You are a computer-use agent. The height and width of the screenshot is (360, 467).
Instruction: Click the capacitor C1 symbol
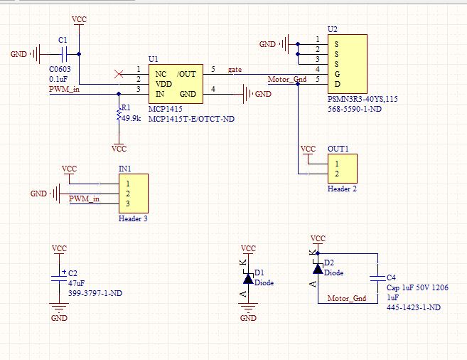63,53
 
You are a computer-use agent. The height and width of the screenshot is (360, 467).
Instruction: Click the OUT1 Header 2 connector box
342,169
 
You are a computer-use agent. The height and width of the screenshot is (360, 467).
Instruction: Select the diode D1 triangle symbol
247,279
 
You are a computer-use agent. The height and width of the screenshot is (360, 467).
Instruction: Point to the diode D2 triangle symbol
318,268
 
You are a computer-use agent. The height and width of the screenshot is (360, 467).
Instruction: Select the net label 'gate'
235,70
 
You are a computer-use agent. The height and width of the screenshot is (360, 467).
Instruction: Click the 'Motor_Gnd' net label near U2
286,79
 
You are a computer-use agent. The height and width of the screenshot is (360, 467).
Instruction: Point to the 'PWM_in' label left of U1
63,90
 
